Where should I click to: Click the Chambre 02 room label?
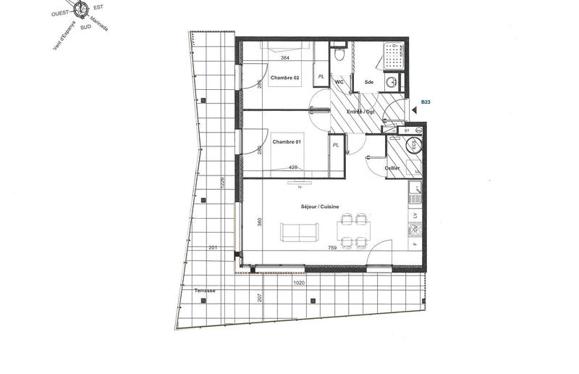tap(285, 78)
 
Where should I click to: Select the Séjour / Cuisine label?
tap(319, 207)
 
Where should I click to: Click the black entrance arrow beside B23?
tap(413, 109)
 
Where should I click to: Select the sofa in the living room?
tap(299, 232)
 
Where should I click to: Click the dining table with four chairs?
tap(354, 230)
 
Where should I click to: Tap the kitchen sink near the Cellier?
tap(415, 194)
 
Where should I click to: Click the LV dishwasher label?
tap(415, 216)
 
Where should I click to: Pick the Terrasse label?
tap(204, 291)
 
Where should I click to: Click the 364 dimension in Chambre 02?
tap(285, 57)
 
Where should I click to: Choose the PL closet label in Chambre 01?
tap(336, 145)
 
